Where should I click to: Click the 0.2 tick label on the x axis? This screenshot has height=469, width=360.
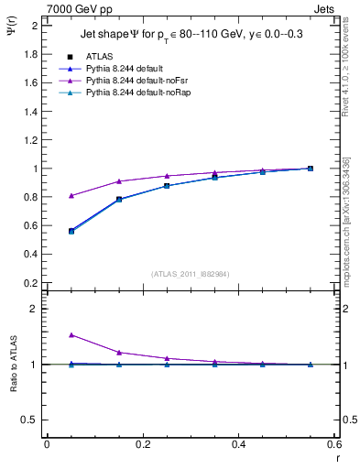point(142,444)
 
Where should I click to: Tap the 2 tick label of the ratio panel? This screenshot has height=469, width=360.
point(35,309)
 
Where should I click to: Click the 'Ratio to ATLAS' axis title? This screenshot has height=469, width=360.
point(14,365)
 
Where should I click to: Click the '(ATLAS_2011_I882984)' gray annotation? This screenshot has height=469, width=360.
point(191,273)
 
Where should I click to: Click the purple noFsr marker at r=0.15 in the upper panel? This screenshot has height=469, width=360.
point(119,181)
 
